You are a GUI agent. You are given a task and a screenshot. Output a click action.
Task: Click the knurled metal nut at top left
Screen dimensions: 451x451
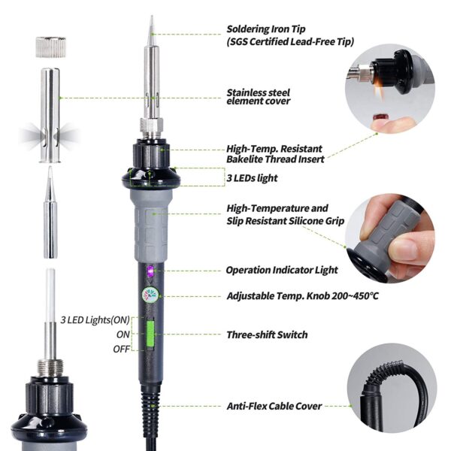(51, 47)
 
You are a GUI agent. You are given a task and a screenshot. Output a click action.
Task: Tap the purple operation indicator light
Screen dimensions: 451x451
(150, 271)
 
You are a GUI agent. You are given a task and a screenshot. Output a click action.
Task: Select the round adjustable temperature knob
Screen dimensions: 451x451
(150, 295)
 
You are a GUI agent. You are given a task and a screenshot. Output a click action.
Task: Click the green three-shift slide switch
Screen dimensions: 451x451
(150, 334)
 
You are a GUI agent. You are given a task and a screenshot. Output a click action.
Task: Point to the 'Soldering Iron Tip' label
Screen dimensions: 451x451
(266, 29)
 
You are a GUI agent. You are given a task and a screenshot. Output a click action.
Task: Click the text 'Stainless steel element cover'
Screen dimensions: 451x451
(259, 97)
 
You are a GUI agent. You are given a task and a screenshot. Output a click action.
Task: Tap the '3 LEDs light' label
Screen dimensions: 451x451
(252, 178)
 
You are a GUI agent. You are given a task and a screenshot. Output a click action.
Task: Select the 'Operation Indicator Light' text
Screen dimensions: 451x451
(282, 270)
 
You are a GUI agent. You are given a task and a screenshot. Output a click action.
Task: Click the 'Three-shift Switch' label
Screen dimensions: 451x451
(267, 334)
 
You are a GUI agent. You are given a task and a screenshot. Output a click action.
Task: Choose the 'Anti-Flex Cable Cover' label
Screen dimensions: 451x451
(274, 406)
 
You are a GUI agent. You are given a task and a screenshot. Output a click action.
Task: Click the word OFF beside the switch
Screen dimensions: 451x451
(121, 349)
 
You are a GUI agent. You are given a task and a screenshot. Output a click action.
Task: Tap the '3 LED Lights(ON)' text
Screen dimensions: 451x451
(95, 320)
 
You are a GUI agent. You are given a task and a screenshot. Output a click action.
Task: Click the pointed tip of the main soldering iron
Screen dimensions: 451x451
(152, 16)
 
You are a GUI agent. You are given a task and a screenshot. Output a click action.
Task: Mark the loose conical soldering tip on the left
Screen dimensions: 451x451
(50, 212)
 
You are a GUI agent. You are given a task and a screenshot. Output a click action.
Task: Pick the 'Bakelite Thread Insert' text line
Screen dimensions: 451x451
(275, 159)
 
